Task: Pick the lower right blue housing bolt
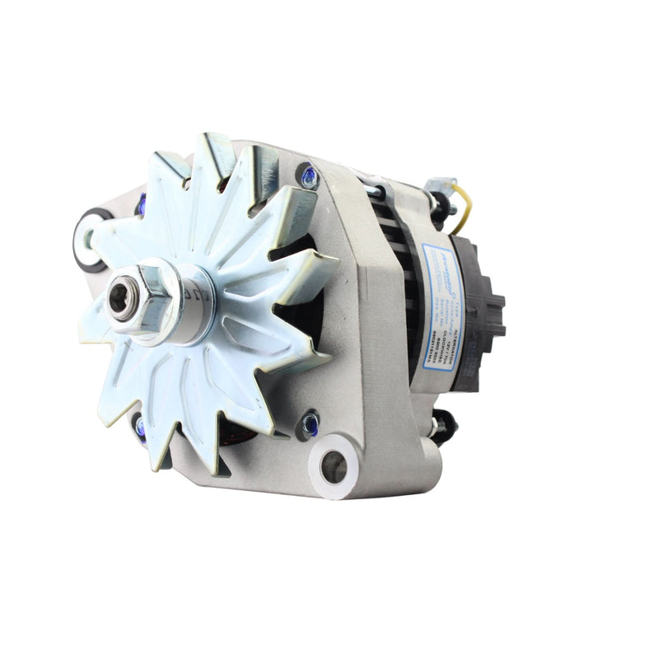pos(310,424)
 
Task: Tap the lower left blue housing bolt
pos(138,426)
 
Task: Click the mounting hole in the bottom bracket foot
pos(334,467)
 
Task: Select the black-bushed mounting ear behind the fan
pos(89,239)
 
